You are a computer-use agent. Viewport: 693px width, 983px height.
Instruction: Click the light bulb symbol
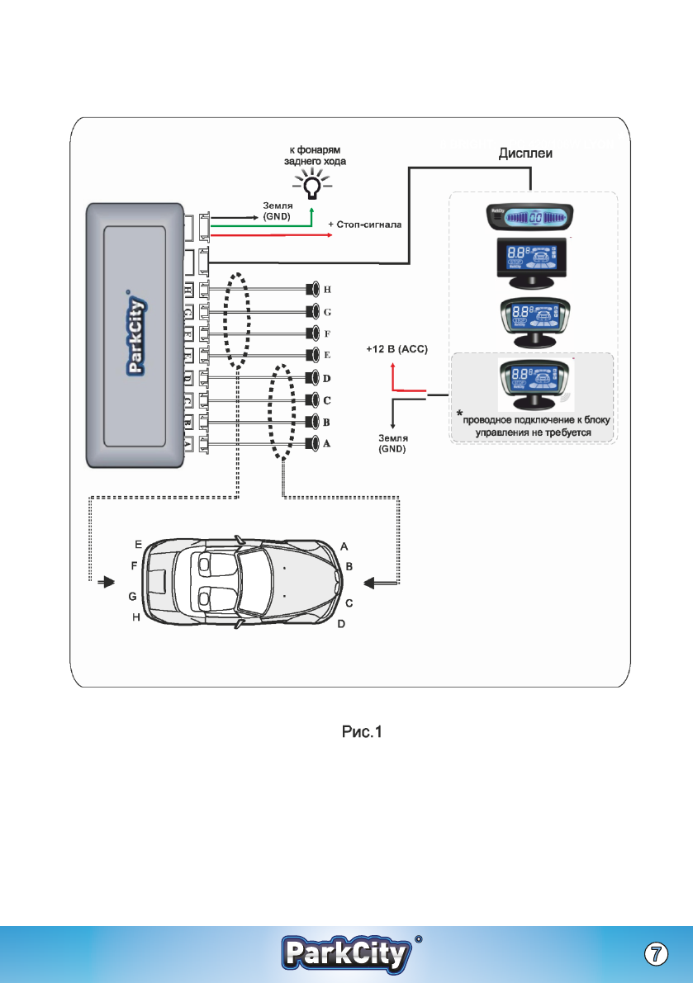click(311, 187)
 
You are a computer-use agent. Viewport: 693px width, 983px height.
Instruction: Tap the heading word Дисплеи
click(529, 154)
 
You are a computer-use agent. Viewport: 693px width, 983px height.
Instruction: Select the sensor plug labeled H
click(313, 290)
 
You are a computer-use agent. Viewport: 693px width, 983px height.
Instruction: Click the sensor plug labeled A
click(313, 444)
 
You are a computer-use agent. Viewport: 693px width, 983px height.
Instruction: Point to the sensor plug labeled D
click(313, 379)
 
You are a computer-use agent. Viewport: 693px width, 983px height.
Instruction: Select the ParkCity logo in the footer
click(347, 954)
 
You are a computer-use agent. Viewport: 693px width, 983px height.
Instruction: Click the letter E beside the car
click(138, 545)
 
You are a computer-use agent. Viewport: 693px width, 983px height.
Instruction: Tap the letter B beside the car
click(349, 568)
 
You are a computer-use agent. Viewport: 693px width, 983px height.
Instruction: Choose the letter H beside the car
click(137, 617)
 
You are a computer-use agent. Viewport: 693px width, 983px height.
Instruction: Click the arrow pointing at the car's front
click(383, 583)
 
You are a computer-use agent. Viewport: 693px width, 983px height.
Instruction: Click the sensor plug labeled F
click(313, 333)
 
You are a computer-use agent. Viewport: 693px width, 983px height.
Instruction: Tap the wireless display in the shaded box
click(532, 384)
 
